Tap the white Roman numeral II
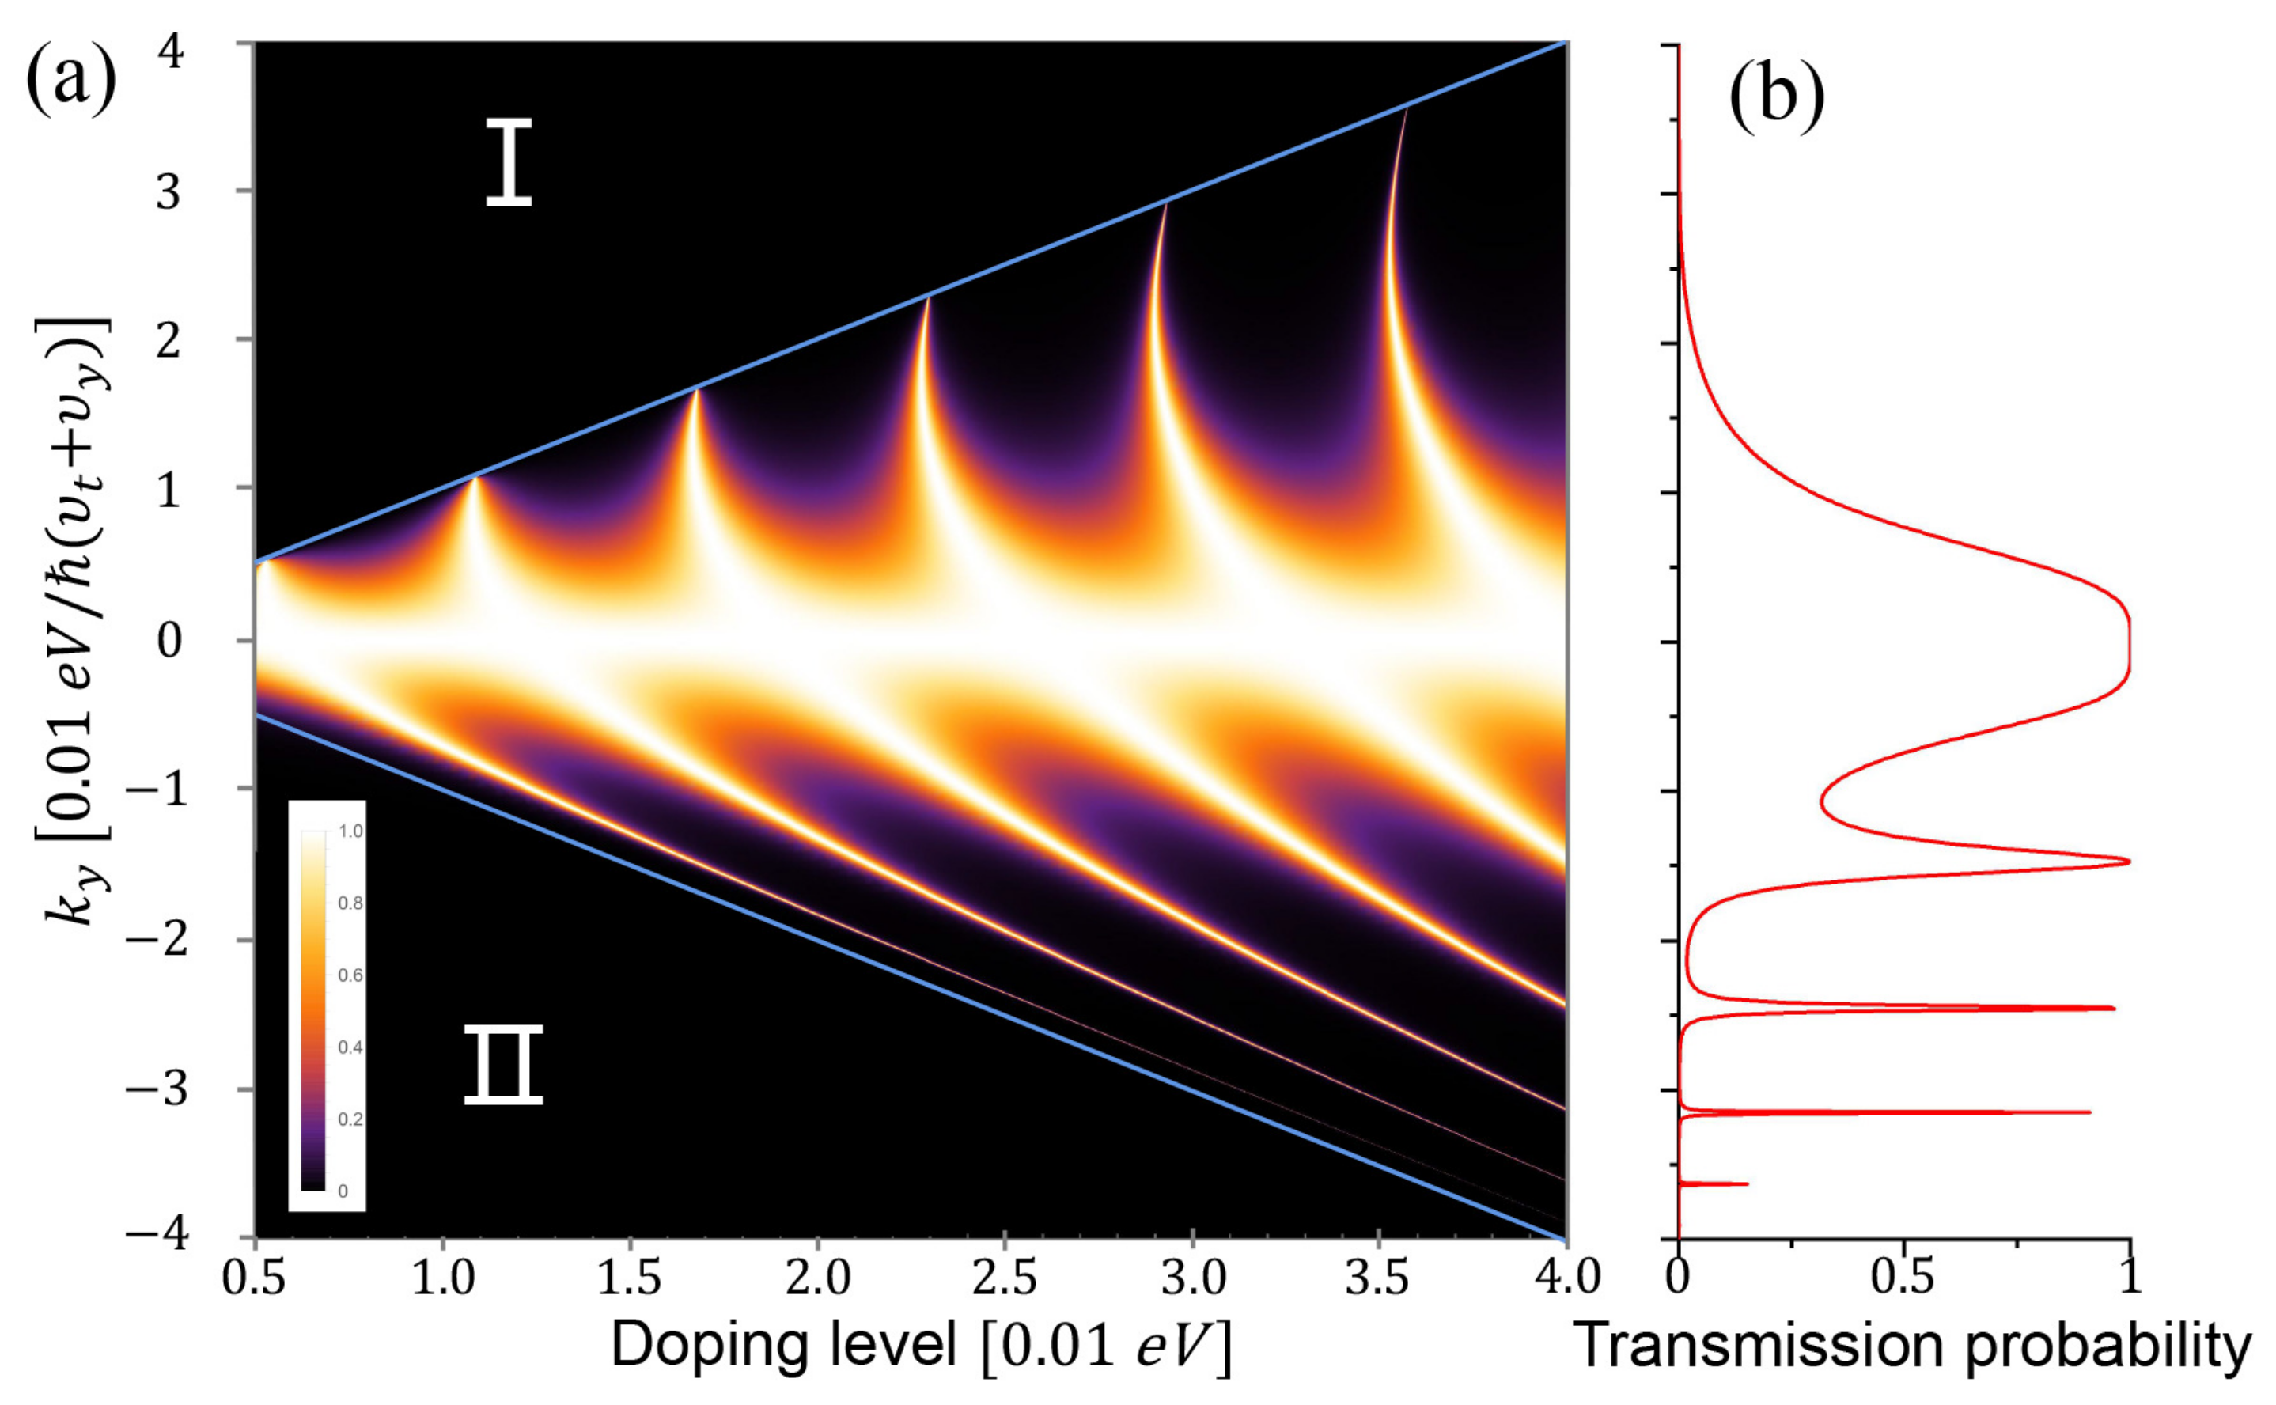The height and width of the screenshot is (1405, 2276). click(x=502, y=1065)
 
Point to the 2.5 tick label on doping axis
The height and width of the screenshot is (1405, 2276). click(x=1004, y=1278)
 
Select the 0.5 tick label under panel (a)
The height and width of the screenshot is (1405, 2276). click(x=254, y=1278)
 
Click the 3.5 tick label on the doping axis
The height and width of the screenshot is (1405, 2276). click(x=1379, y=1278)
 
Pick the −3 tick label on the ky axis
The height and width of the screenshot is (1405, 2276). click(x=156, y=1089)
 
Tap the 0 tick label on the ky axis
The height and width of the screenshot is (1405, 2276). click(x=169, y=640)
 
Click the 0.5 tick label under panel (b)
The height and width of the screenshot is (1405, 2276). click(x=1902, y=1277)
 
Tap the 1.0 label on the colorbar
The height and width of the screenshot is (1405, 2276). click(x=350, y=831)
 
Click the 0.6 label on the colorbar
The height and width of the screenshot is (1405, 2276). click(x=350, y=975)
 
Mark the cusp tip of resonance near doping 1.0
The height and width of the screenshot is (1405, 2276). click(x=474, y=478)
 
